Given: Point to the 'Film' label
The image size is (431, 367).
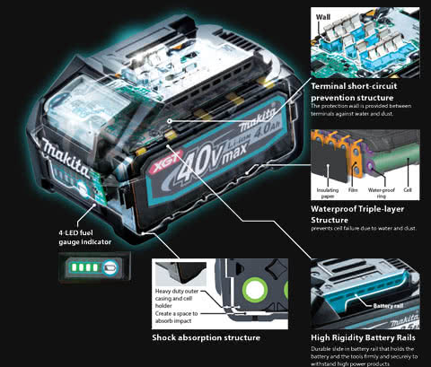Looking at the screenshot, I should pyautogui.click(x=355, y=190).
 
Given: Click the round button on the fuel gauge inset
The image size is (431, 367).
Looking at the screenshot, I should pyautogui.click(x=109, y=267).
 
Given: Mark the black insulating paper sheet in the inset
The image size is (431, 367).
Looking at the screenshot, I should pyautogui.click(x=326, y=166).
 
